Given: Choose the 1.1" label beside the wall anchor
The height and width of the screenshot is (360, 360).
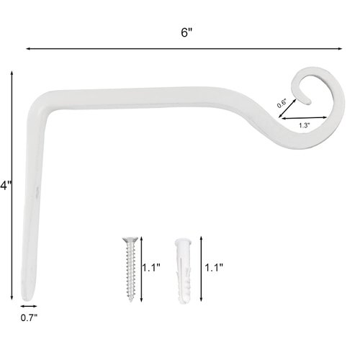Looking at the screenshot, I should pyautogui.click(x=214, y=268).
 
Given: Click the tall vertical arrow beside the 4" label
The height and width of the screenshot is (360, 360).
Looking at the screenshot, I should pyautogui.click(x=12, y=185).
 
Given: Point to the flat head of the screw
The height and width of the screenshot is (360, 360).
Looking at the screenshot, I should pyautogui.click(x=130, y=240).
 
